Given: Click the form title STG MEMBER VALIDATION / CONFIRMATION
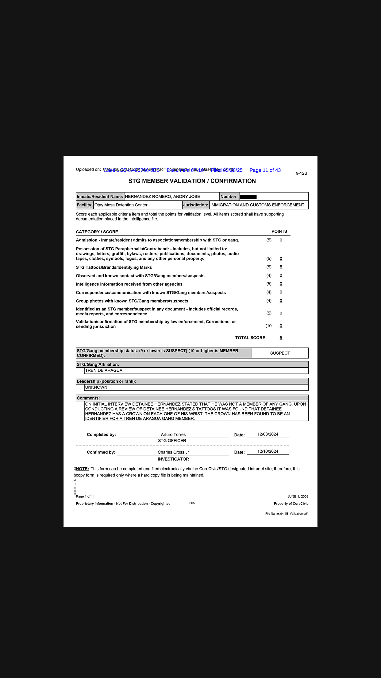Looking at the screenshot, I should (x=192, y=181).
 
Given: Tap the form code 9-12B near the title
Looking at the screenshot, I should (x=301, y=173).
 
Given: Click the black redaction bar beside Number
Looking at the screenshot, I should (x=248, y=197).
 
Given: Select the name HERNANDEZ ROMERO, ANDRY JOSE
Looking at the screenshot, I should (x=162, y=197).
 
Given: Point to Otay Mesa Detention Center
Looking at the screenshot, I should (x=121, y=205).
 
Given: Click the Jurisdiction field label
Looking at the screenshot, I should (x=195, y=205).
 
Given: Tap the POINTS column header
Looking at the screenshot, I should (x=279, y=231).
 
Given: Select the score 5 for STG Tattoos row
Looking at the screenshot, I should (x=281, y=267).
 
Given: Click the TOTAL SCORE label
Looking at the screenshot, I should (x=250, y=337).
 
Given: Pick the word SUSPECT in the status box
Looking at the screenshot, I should (x=280, y=353).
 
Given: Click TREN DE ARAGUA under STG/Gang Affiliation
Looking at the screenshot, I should (x=104, y=370).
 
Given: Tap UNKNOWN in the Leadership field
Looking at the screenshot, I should (x=96, y=387).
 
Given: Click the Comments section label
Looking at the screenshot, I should (x=88, y=398).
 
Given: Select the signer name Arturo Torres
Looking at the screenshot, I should (x=173, y=434).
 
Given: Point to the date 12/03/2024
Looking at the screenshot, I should (x=267, y=434).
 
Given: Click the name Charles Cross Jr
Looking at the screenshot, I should (x=173, y=452).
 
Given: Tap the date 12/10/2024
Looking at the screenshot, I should (x=267, y=451).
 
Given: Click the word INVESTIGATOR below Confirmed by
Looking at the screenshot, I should (x=173, y=459).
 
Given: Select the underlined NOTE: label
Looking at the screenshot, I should (x=82, y=469).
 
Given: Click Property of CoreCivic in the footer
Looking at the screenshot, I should (x=291, y=504).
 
